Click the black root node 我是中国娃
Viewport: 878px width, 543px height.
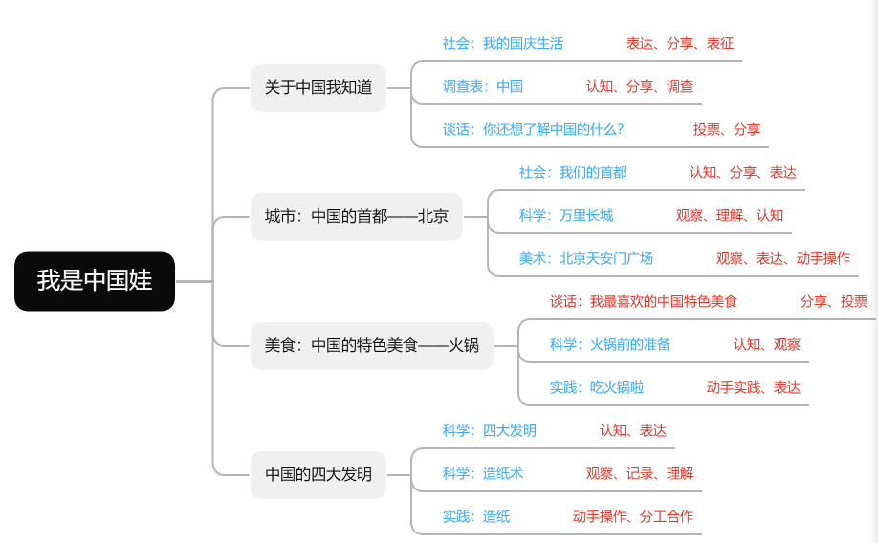[95, 281]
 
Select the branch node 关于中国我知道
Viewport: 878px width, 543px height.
[318, 88]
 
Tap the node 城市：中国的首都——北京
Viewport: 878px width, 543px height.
[357, 216]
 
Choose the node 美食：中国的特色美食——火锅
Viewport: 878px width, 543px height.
[371, 345]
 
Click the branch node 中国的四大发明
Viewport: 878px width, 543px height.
[318, 474]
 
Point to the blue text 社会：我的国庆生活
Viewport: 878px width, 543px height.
[502, 43]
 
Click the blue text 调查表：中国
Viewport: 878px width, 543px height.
[482, 86]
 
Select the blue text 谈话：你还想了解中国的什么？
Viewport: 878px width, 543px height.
[533, 129]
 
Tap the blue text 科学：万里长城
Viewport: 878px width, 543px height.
[565, 215]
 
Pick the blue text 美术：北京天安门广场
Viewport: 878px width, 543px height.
[585, 258]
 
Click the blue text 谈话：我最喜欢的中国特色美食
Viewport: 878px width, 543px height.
[643, 301]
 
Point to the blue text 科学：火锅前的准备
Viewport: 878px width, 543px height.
[609, 344]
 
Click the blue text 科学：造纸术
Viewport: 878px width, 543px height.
[482, 473]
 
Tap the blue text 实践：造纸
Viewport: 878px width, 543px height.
[475, 516]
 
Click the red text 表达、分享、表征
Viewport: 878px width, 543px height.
[679, 43]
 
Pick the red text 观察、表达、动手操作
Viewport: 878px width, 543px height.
[782, 258]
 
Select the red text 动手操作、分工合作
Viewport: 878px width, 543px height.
[632, 516]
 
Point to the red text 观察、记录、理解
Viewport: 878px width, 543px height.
[639, 473]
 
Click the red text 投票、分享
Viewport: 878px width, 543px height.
[726, 129]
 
